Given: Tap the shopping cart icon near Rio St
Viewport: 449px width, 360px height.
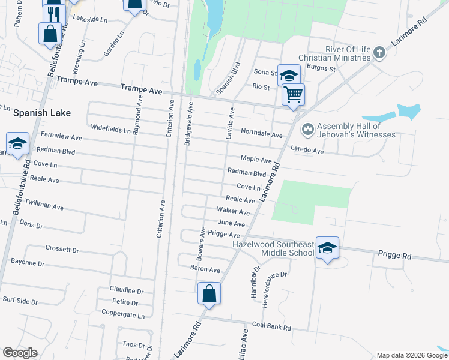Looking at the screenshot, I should point(293,94).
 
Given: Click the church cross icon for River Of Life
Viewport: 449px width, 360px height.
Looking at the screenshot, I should point(379,53).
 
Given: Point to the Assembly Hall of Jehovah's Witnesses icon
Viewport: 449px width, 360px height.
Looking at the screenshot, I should point(308,128).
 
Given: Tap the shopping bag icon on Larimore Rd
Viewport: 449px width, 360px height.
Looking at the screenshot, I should point(209,293).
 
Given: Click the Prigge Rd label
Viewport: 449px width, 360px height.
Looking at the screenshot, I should point(394,256).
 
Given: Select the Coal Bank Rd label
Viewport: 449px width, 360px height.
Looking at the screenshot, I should point(271,328).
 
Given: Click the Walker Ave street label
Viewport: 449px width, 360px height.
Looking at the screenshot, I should point(234,211).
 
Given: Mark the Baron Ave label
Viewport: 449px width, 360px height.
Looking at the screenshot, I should point(205,269).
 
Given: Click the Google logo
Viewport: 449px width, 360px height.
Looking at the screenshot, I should point(20,353).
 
